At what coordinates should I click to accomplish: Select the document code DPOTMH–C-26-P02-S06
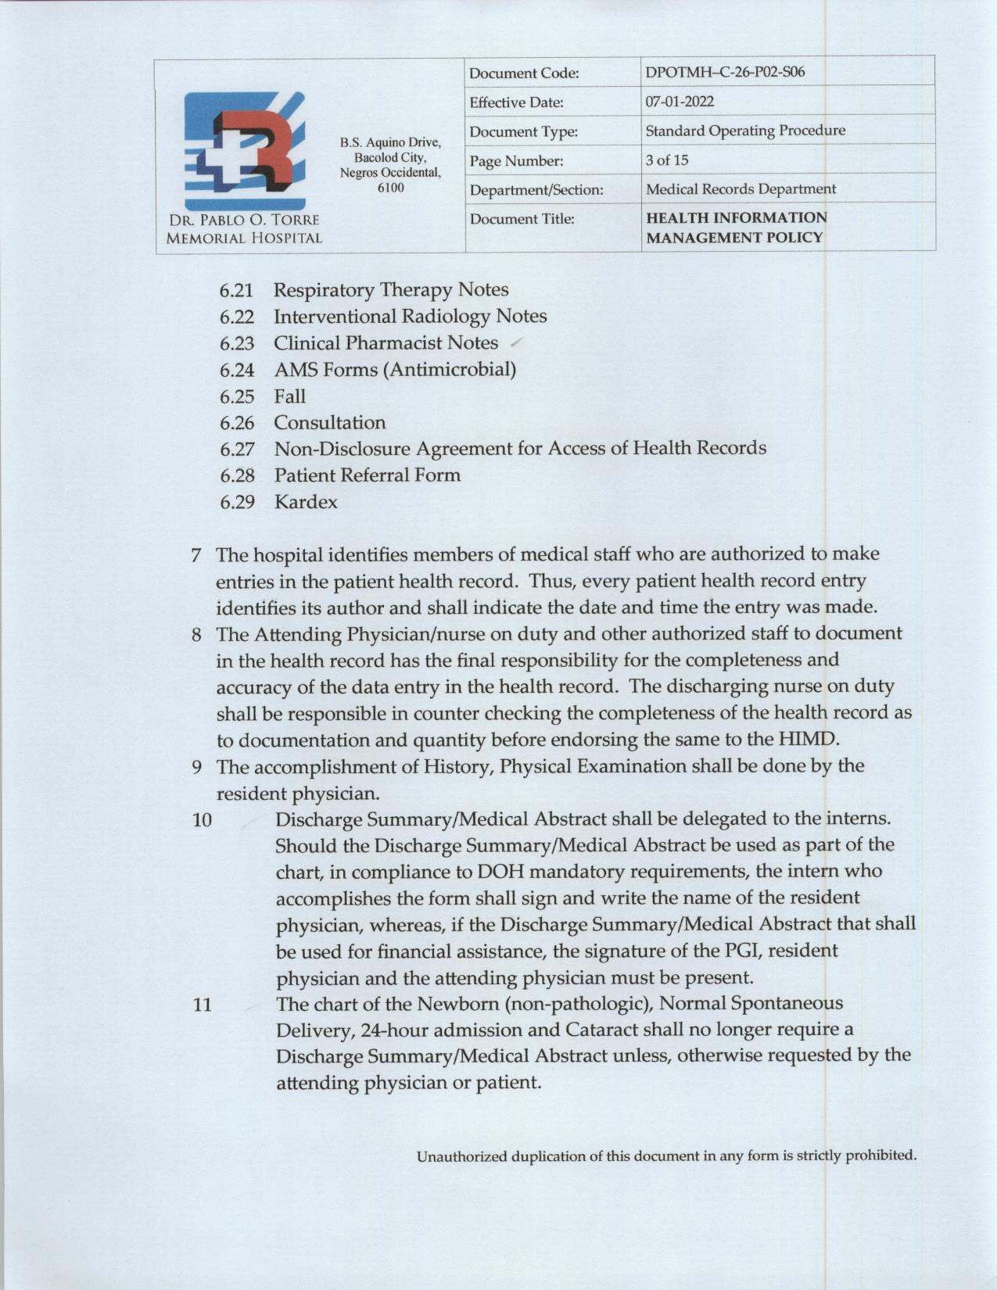pyautogui.click(x=725, y=73)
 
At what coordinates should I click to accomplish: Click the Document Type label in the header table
pyautogui.click(x=523, y=132)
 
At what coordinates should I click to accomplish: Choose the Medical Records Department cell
pyautogui.click(x=741, y=189)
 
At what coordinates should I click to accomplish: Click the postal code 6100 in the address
pyautogui.click(x=390, y=188)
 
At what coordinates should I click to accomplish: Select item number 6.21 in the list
pyautogui.click(x=237, y=291)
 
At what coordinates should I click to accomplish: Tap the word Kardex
pyautogui.click(x=306, y=502)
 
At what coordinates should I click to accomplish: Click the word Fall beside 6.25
pyautogui.click(x=289, y=396)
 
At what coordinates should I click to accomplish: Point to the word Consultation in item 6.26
pyautogui.click(x=329, y=423)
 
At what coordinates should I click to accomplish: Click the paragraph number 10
pyautogui.click(x=202, y=821)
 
